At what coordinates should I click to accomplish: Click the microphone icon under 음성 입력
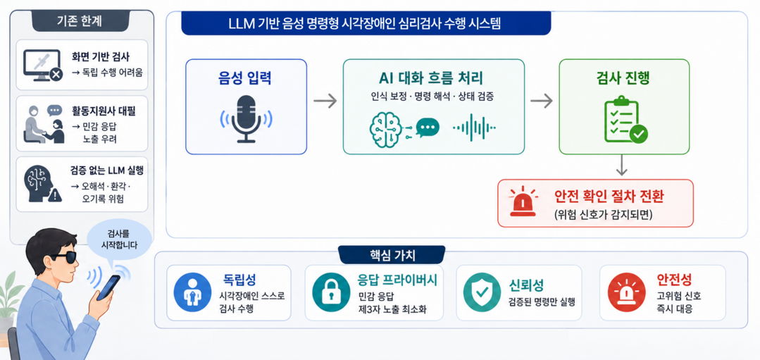pyautogui.click(x=246, y=119)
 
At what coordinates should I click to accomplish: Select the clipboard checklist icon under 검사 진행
pyautogui.click(x=623, y=120)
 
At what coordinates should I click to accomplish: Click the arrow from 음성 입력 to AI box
pyautogui.click(x=325, y=101)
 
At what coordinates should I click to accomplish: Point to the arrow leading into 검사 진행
pyautogui.click(x=542, y=101)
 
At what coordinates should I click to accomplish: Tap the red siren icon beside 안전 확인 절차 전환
pyautogui.click(x=523, y=202)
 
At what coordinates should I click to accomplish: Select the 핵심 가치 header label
pyautogui.click(x=392, y=255)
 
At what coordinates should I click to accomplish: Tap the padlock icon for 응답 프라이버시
pyautogui.click(x=332, y=292)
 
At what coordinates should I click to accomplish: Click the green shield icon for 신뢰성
pyautogui.click(x=482, y=292)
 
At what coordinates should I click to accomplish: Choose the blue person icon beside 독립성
pyautogui.click(x=192, y=292)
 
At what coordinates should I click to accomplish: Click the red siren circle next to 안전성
pyautogui.click(x=627, y=292)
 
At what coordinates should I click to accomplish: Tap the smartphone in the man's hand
pyautogui.click(x=108, y=288)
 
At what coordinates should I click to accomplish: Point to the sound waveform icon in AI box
pyautogui.click(x=474, y=128)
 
